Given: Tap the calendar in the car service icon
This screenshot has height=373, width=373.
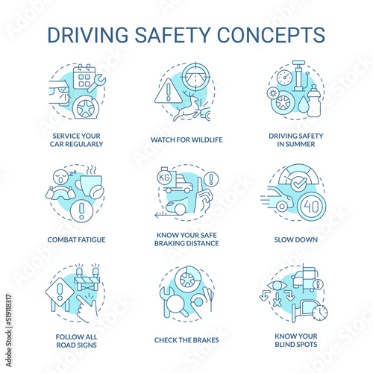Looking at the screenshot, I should pos(83,77).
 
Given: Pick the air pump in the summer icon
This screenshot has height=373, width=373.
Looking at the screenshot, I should pos(303,79).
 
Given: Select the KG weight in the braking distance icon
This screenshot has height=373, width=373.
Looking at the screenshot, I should pos(165,181).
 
